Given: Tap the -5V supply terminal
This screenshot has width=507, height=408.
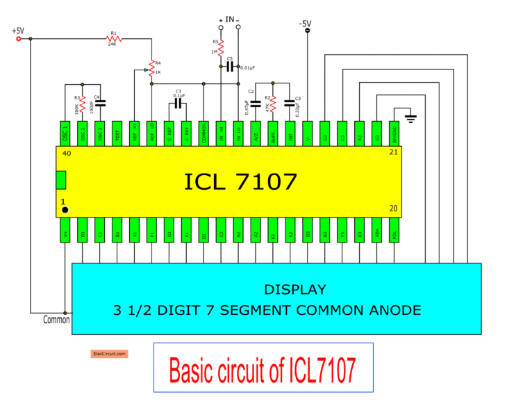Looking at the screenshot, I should click(307, 31).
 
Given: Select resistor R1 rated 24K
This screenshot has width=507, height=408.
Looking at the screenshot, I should click(113, 38).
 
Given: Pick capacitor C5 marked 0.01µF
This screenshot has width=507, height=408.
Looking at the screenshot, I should click(230, 67).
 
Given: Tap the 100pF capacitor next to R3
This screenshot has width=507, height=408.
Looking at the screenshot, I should click(100, 103).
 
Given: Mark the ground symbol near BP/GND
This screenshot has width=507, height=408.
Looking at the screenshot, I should click(410, 119).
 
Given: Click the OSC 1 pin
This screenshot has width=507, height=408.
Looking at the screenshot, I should click(65, 133).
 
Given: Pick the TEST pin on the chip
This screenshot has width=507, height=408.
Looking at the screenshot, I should click(117, 133).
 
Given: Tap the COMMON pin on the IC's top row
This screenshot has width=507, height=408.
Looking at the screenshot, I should click(203, 133).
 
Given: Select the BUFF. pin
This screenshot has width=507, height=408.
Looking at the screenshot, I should click(273, 133).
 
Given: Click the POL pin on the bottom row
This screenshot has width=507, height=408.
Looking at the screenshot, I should click(394, 229).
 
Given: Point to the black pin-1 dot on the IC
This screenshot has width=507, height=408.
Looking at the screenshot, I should click(65, 209).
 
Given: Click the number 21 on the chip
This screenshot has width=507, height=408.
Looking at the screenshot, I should click(393, 153).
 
